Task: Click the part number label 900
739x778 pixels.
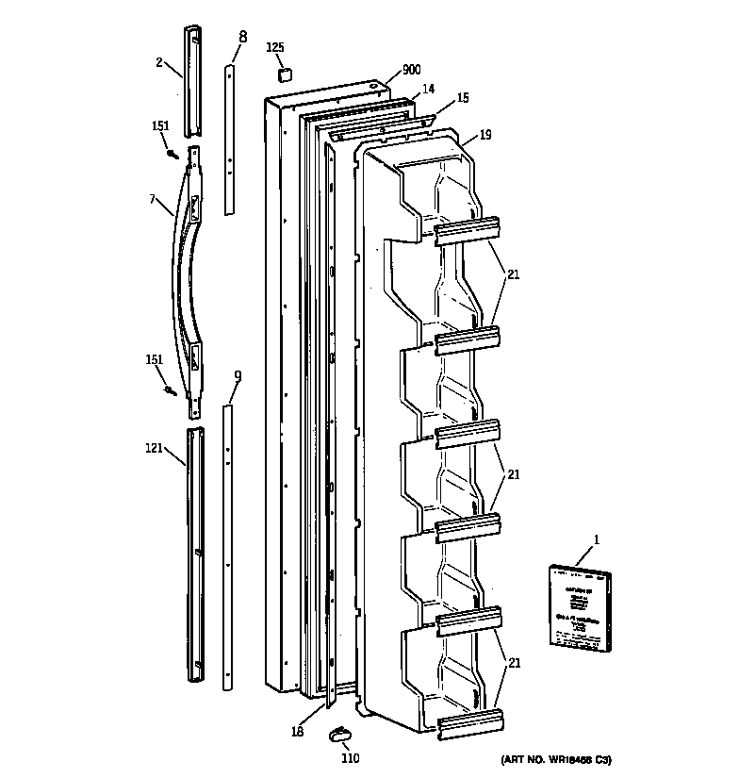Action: [412, 70]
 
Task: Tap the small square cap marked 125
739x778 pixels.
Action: [282, 74]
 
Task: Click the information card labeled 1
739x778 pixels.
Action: [576, 606]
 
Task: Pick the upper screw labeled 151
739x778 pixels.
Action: [172, 153]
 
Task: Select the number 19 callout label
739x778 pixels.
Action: [484, 135]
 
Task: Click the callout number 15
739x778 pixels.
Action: [462, 98]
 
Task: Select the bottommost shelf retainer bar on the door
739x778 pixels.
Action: [468, 723]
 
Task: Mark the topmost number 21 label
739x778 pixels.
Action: [513, 274]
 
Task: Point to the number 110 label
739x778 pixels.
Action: [350, 759]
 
